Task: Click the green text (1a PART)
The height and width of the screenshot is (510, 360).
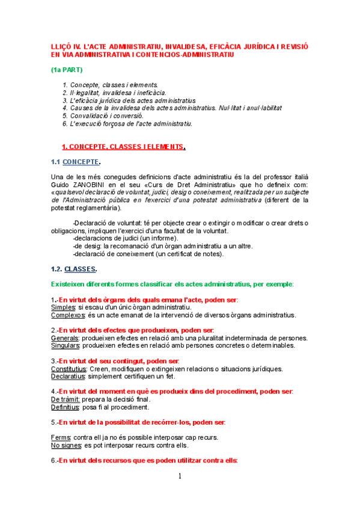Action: (67, 69)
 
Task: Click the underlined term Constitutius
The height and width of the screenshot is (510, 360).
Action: (69, 369)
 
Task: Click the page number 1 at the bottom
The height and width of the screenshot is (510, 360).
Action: (180, 477)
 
